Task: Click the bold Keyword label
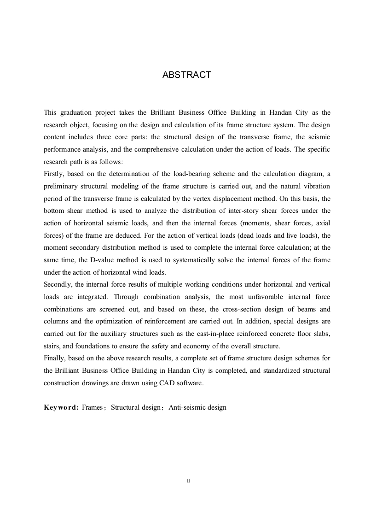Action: pyautogui.click(x=61, y=407)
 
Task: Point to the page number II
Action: pyautogui.click(x=188, y=480)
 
